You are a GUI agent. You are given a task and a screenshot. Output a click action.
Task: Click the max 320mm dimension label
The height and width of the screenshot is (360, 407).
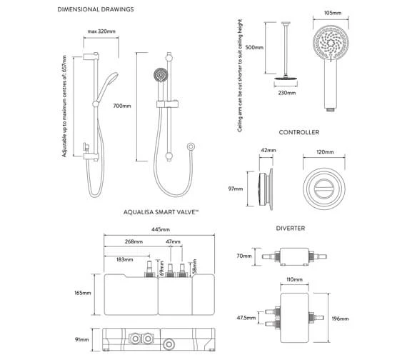[102, 32]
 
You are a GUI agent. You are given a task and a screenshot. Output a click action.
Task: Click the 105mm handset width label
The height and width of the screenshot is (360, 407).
[330, 14]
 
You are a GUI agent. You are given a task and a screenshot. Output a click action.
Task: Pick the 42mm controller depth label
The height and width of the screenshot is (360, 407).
[268, 151]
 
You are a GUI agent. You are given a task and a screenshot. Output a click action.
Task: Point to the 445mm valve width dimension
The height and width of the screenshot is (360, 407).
[161, 229]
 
